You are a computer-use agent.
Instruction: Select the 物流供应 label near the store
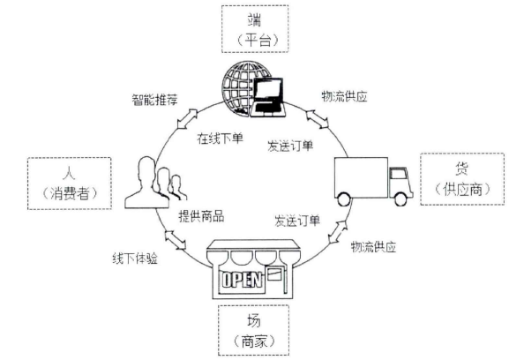tap(377, 248)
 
